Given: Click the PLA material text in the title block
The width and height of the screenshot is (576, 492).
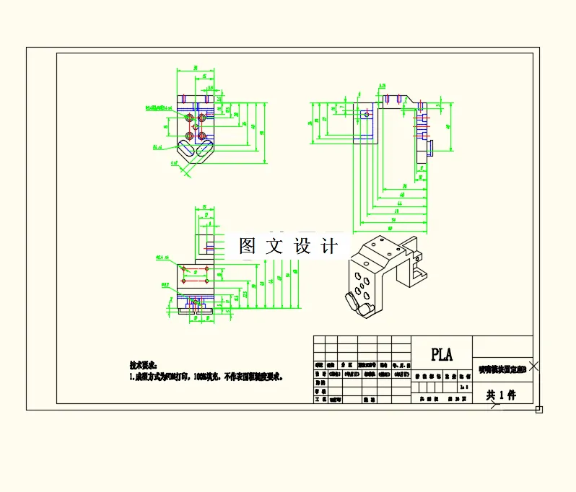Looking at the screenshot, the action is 441,354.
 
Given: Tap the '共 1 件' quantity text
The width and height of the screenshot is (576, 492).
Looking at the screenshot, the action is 499,395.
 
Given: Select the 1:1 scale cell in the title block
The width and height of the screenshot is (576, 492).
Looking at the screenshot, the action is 462,387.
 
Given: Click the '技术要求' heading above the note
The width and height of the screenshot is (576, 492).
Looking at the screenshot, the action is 142,366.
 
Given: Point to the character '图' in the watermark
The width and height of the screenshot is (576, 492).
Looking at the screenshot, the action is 248,246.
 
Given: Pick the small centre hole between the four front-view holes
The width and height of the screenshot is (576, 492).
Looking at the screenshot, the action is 196,126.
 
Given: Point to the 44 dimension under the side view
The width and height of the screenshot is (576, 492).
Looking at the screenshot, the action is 399,205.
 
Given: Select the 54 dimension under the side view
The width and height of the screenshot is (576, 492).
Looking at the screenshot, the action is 394,219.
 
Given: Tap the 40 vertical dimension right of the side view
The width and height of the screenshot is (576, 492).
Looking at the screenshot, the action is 448,126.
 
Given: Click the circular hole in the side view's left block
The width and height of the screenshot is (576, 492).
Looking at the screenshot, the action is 366,114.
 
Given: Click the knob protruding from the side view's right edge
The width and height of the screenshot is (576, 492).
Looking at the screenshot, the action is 430,149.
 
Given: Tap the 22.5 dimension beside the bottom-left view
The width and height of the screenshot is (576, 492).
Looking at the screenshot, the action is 245,294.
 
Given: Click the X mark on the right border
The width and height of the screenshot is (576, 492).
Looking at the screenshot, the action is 533,366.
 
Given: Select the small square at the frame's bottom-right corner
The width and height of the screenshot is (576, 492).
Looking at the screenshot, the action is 538,410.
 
